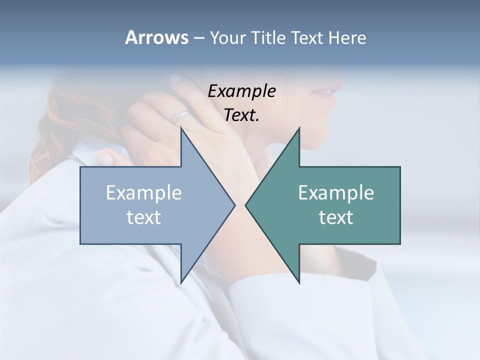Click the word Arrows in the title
[156, 37]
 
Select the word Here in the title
[347, 37]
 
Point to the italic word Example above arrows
[241, 91]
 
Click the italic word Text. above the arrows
[241, 115]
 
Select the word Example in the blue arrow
[144, 192]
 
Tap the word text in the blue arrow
[144, 217]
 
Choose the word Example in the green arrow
[336, 192]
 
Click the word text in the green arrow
[336, 217]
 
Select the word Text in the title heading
[307, 37]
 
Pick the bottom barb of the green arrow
[299, 281]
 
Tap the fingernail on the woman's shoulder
[104, 156]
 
